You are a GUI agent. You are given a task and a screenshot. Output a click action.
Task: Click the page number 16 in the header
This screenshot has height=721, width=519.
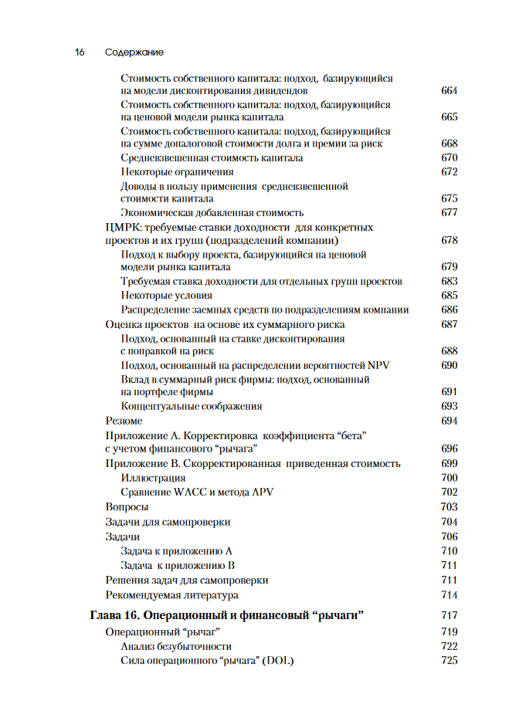(79, 52)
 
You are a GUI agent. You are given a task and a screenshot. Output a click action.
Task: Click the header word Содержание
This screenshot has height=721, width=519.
(134, 52)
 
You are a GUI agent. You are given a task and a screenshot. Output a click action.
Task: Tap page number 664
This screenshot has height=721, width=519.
(449, 91)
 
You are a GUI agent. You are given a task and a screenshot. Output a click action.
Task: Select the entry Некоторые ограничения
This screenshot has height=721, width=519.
(177, 172)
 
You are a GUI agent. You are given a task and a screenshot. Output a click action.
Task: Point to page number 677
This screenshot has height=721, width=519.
(449, 213)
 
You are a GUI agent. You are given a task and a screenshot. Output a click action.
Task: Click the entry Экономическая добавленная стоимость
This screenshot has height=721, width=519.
(212, 213)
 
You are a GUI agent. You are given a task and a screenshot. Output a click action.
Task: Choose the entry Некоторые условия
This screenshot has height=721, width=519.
(166, 296)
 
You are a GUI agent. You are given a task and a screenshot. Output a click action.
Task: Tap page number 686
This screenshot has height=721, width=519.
(449, 310)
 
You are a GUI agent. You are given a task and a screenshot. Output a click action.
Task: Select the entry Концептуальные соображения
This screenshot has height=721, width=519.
(192, 406)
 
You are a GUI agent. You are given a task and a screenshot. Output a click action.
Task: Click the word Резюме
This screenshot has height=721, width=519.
(124, 421)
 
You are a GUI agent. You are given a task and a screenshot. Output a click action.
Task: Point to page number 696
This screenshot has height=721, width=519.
(449, 449)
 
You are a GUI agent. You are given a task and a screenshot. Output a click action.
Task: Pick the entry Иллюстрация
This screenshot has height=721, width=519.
(153, 479)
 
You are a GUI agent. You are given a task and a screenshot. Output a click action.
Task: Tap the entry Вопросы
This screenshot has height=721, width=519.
(127, 507)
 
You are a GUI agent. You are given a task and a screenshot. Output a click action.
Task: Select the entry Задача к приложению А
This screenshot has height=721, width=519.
(177, 551)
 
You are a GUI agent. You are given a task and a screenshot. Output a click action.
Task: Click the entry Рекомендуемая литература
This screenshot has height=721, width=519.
(171, 595)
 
